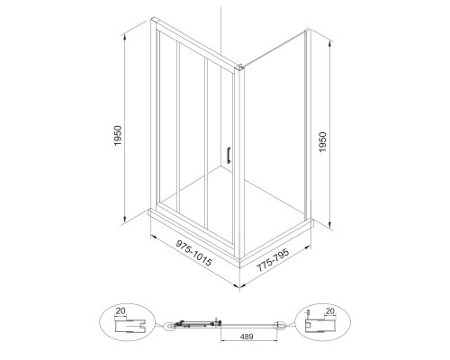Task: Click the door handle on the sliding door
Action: pos(229,156)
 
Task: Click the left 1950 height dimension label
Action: pos(118,136)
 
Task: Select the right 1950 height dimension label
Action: pos(322,142)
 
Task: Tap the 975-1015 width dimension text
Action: pos(194,253)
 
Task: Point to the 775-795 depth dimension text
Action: pos(273,260)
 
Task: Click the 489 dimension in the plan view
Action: pos(247,337)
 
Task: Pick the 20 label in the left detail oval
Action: pos(121,311)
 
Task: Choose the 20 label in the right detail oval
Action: pos(330,311)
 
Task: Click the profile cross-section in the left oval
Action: pos(130,326)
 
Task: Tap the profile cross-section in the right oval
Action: pos(319,326)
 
